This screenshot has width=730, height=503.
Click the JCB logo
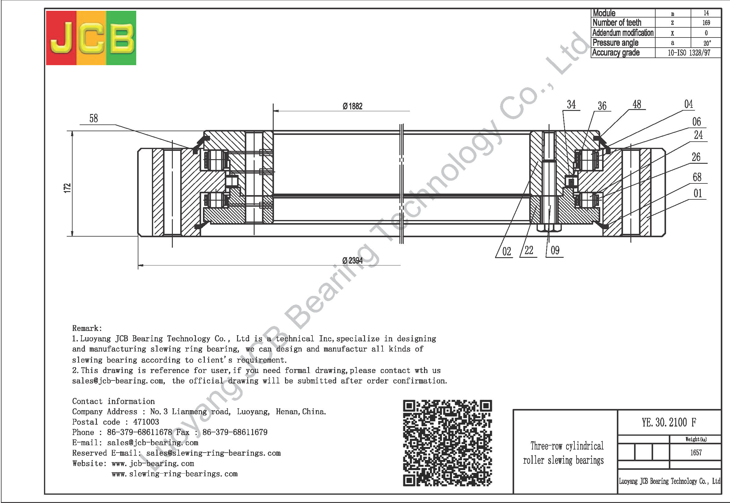(x=91, y=38)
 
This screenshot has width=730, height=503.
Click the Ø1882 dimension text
(x=352, y=106)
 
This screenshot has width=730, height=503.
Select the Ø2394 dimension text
(x=352, y=261)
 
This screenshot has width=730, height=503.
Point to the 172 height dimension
(x=67, y=188)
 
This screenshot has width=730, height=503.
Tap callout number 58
(x=94, y=119)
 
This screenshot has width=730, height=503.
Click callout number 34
(x=571, y=104)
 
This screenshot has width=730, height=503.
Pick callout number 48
(x=637, y=104)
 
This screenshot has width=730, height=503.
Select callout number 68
(x=697, y=177)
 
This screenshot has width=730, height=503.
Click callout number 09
(x=555, y=250)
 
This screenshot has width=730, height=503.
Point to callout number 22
(x=529, y=250)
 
